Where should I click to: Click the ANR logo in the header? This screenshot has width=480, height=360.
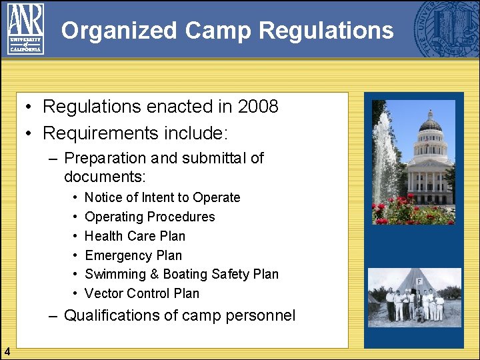pyautogui.click(x=25, y=29)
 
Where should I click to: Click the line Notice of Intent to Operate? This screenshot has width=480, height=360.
pyautogui.click(x=162, y=197)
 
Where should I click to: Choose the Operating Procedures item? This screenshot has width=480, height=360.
pyautogui.click(x=150, y=217)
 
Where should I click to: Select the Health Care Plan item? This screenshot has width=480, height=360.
pyautogui.click(x=135, y=236)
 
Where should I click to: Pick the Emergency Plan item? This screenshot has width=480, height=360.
pyautogui.click(x=133, y=255)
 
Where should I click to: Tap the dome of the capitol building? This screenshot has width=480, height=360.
pyautogui.click(x=430, y=123)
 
